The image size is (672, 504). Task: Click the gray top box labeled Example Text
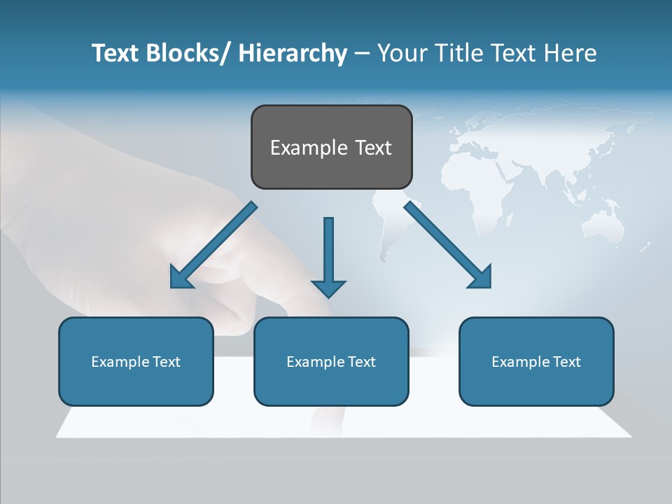click(331, 147)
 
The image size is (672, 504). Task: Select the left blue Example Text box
click(136, 361)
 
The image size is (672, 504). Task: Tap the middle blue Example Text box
click(331, 361)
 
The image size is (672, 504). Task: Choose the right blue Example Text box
click(536, 361)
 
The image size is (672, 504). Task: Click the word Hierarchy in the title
click(292, 53)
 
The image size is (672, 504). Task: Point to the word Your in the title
click(402, 53)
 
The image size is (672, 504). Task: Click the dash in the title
click(361, 53)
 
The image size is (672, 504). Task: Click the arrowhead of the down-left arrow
click(181, 277)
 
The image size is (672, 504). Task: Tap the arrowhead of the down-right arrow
click(482, 277)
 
